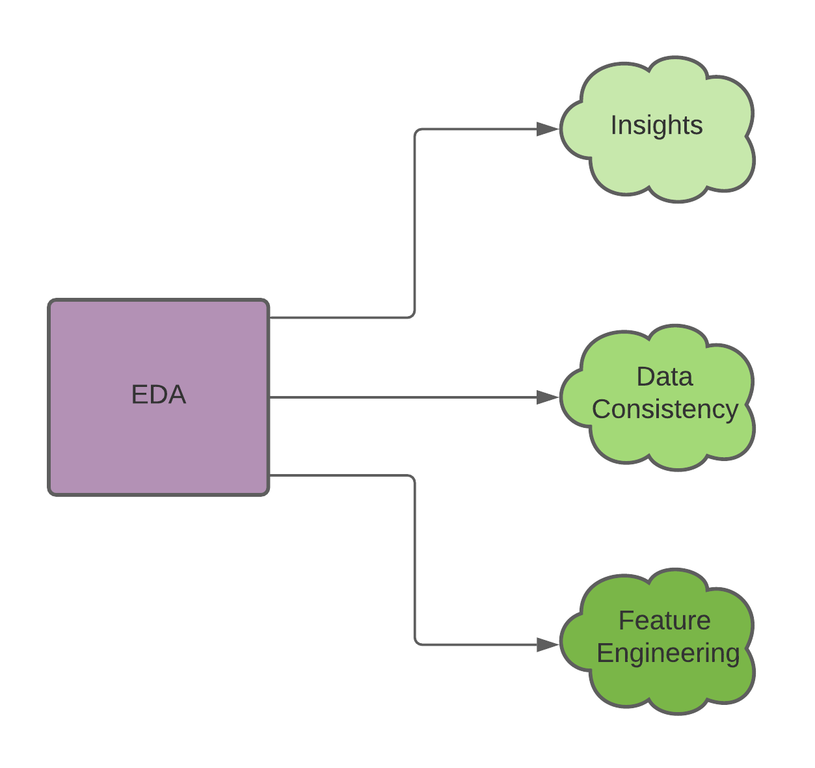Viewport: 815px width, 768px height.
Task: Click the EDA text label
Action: [159, 395]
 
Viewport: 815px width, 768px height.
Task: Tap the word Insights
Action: [656, 126]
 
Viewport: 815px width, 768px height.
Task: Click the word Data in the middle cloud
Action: [664, 377]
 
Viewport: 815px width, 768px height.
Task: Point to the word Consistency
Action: [664, 410]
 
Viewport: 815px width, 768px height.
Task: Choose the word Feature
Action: [664, 621]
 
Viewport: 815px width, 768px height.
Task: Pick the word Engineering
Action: [668, 653]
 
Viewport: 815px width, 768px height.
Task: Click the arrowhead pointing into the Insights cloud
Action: [548, 129]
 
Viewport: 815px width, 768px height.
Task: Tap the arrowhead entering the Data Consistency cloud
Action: [548, 397]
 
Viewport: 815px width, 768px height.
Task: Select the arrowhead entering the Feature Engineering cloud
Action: [548, 644]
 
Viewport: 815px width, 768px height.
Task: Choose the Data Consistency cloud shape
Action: [657, 442]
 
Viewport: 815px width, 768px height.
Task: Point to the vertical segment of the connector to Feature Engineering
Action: [414, 559]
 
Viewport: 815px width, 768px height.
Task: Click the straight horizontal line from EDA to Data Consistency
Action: [403, 397]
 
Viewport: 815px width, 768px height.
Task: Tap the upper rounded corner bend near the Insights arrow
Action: [417, 132]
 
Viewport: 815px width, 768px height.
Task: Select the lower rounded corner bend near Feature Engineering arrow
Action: [417, 642]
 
